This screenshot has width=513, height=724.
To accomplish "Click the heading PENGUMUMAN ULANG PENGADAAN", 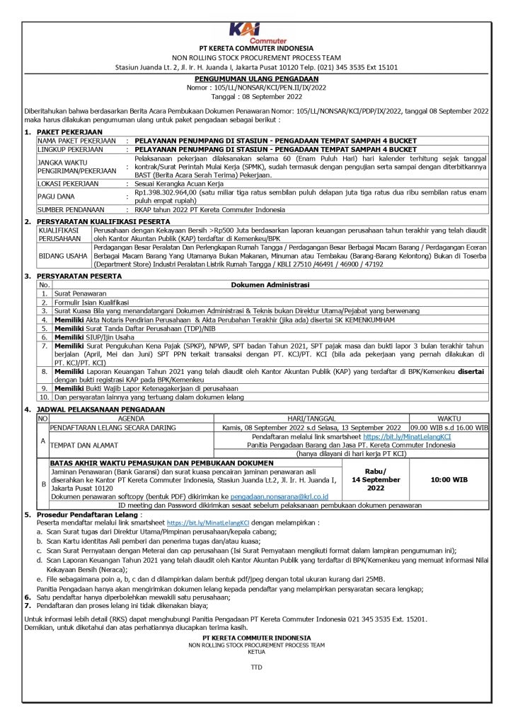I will click(256, 78).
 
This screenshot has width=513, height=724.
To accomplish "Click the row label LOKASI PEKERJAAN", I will click(69, 183).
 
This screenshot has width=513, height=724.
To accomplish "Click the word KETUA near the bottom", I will click(255, 651).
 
